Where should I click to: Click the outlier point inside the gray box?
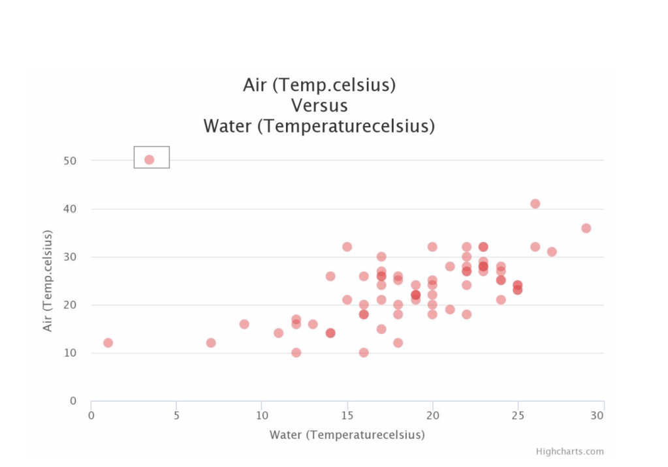[x=149, y=160]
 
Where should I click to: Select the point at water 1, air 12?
[x=108, y=342]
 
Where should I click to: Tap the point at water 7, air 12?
[x=211, y=342]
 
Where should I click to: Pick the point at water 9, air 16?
[x=244, y=324]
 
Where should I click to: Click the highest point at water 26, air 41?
[x=535, y=203]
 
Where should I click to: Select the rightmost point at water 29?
[x=586, y=228]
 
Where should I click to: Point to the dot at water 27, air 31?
[x=552, y=252]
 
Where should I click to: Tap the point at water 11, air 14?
[x=278, y=333]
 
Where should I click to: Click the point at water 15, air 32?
[x=347, y=247]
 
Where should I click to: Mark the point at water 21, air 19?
[x=450, y=309]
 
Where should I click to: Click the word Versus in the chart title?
[x=319, y=105]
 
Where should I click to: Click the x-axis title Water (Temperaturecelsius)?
[x=347, y=434]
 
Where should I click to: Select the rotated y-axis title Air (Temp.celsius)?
[x=48, y=280]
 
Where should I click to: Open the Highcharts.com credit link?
[x=569, y=451]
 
